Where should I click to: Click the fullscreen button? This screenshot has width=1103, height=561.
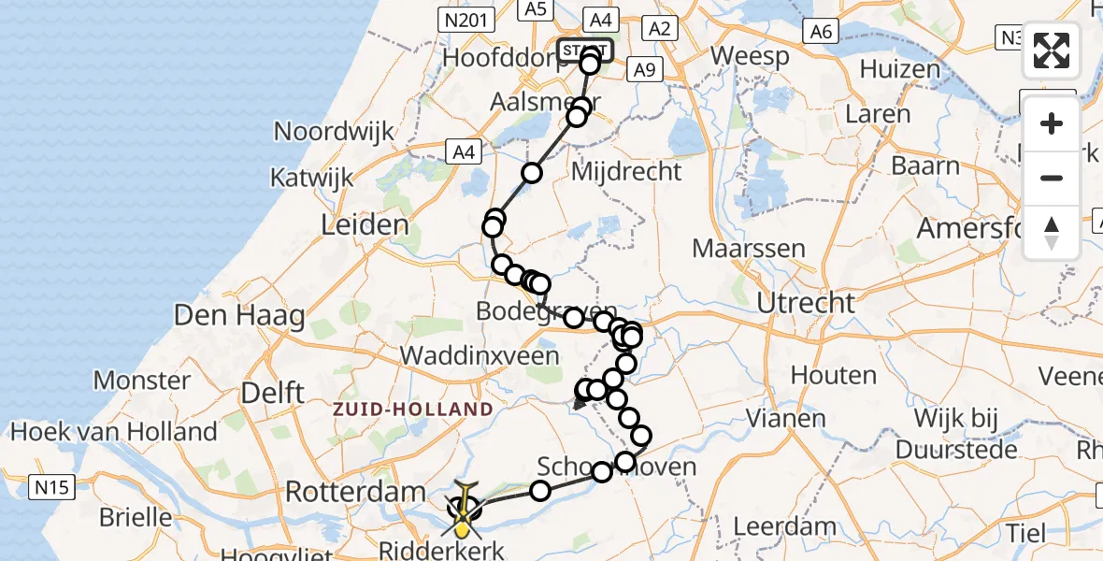click(1052, 50)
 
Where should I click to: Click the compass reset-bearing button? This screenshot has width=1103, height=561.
click(1052, 233)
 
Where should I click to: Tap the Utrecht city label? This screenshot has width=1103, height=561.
click(805, 303)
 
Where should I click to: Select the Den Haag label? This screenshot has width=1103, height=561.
click(239, 315)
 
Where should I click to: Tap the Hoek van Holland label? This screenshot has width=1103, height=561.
click(113, 432)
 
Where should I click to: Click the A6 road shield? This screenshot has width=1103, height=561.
click(821, 32)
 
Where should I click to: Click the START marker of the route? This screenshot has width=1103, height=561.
click(585, 50)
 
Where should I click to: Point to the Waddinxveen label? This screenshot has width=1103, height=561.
click(480, 355)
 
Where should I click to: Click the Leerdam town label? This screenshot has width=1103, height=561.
click(784, 525)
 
